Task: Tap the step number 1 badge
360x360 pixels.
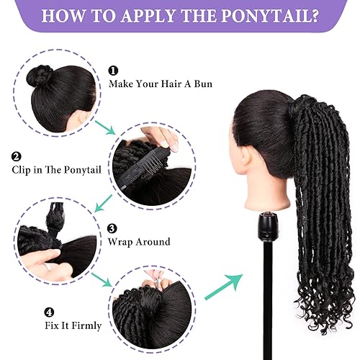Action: click(x=113, y=71)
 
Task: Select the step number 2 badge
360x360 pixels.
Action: click(x=16, y=156)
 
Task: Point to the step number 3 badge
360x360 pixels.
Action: click(x=112, y=229)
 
